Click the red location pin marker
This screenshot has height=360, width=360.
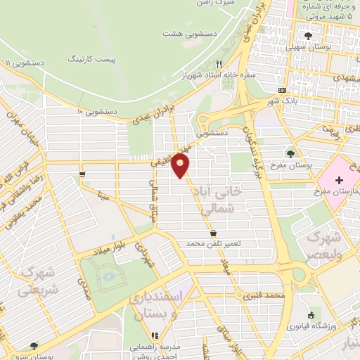[181, 166]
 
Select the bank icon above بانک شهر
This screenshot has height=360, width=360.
[283, 90]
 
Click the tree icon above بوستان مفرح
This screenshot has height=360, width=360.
[291, 153]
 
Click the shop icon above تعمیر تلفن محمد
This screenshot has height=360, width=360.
[213, 233]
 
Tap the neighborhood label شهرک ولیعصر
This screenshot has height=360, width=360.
[326, 243]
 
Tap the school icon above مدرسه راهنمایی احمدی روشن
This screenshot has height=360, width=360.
[155, 335]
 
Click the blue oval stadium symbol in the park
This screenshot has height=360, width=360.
[109, 275]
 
